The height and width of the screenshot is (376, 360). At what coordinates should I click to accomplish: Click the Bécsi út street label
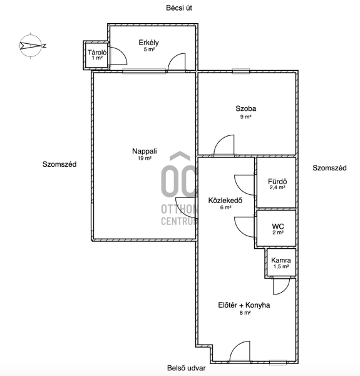(179, 8)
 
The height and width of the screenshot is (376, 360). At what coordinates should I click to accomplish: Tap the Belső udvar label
(187, 368)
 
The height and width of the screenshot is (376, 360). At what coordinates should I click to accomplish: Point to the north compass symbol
(31, 45)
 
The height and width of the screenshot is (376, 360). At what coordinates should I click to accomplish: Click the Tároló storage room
(96, 55)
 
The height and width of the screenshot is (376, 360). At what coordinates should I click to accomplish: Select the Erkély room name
(148, 43)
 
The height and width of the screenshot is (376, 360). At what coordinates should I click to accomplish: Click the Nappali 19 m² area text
(145, 158)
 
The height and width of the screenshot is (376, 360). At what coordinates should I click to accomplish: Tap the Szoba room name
(246, 108)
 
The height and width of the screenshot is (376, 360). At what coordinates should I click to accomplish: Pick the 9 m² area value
(246, 117)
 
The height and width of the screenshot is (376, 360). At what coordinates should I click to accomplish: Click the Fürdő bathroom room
(276, 182)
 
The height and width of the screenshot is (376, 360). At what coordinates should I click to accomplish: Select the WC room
(276, 228)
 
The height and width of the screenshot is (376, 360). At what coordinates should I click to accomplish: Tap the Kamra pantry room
(281, 263)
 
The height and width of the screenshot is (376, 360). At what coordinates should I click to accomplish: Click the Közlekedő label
(225, 201)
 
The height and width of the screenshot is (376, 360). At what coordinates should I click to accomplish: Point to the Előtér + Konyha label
(244, 305)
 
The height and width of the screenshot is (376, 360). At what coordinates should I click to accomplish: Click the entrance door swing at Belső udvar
(240, 351)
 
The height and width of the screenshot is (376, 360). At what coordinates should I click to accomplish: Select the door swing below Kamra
(282, 286)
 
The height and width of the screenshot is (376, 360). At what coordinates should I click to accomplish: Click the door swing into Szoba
(224, 145)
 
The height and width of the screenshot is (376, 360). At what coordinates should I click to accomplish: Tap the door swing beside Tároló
(118, 56)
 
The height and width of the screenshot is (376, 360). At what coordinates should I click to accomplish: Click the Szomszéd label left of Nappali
(59, 164)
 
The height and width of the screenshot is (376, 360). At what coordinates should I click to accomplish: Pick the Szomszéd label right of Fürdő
(329, 168)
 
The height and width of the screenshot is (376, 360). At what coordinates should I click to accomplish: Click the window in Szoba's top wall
(241, 71)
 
